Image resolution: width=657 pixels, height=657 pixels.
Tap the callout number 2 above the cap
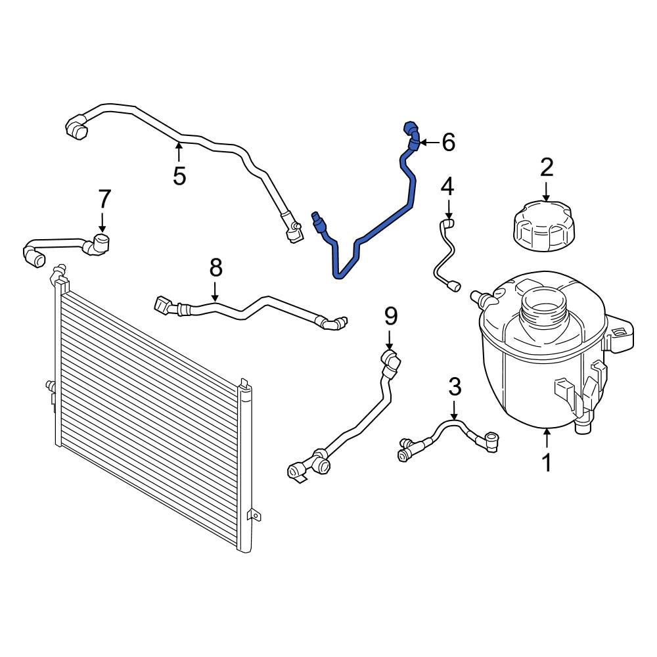point(547,168)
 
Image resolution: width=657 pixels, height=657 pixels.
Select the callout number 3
point(455,388)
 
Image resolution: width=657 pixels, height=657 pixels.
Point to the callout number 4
point(447,187)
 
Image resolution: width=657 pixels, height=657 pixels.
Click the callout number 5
point(179,175)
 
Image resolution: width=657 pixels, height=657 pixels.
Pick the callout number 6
point(448,142)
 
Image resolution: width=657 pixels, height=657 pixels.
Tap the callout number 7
point(104,198)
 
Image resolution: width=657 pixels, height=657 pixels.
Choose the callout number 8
point(216,268)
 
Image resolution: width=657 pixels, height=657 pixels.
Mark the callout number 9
point(391,317)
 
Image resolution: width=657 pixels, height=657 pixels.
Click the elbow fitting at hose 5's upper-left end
point(77,127)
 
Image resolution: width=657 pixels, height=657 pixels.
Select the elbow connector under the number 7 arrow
point(102,243)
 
